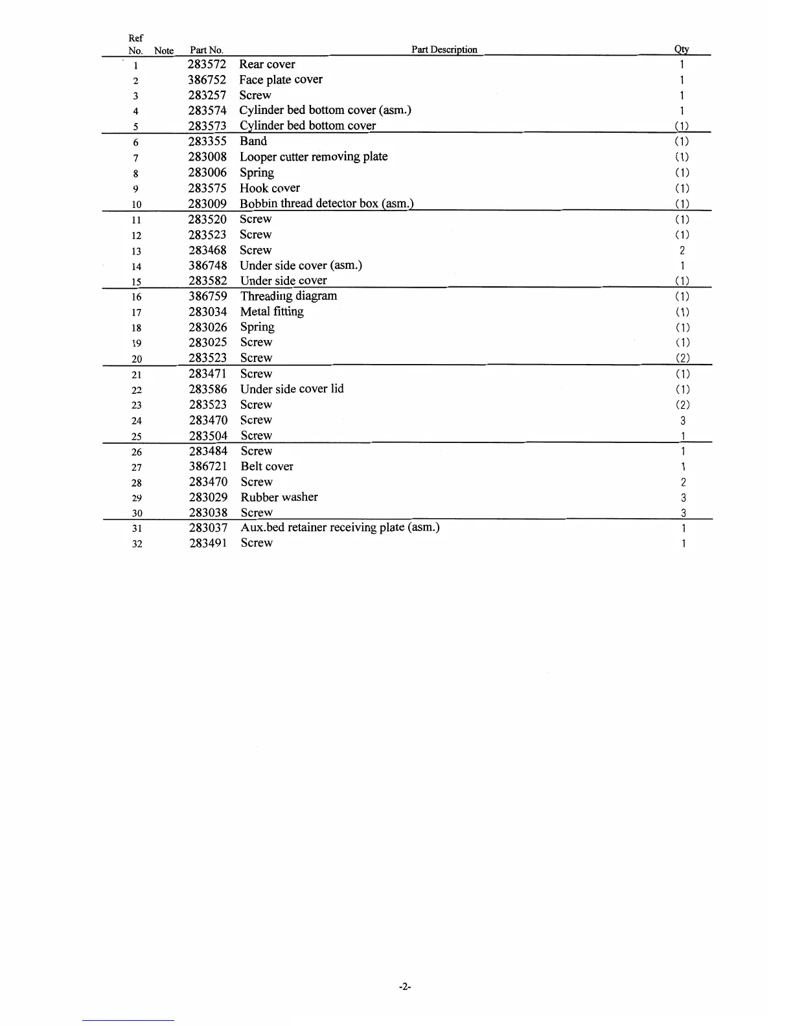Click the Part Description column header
444,50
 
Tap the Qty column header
682,50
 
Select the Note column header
164,51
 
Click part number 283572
207,64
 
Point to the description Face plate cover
281,80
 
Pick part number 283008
207,157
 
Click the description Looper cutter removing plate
314,157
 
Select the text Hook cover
270,188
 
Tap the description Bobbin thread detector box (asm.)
327,203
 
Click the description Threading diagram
288,296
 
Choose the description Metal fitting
271,312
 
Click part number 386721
208,466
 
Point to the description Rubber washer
279,497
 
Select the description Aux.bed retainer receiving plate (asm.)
340,527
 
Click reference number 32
137,544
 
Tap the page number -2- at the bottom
406,986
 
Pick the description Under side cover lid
292,389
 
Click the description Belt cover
267,466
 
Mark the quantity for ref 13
682,251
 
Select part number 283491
208,543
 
